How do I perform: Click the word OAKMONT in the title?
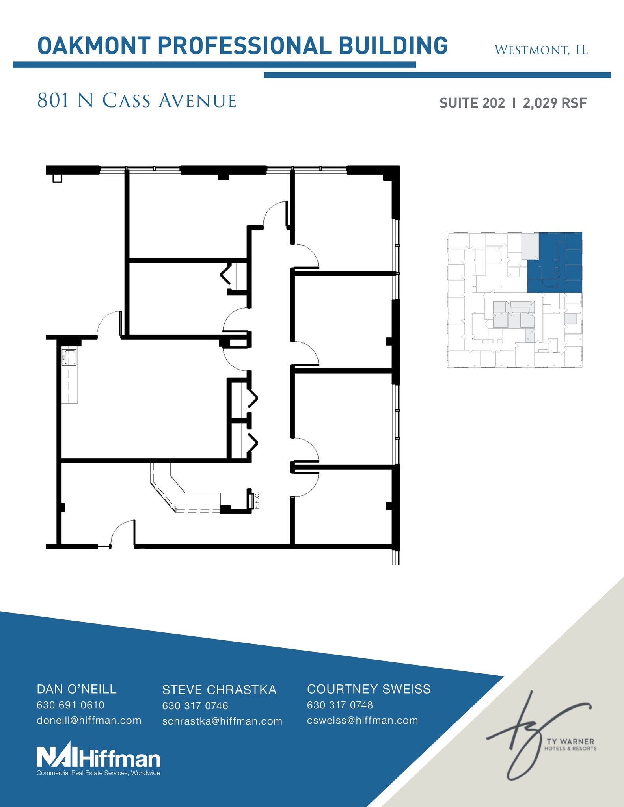click(x=93, y=46)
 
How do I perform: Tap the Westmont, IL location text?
click(x=541, y=50)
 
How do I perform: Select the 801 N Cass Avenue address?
click(x=136, y=101)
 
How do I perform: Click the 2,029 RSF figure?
click(x=555, y=103)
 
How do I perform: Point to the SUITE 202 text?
click(x=472, y=103)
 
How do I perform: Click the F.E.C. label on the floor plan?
click(x=257, y=500)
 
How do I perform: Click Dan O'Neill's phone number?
click(x=71, y=705)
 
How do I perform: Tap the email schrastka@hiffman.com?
click(x=222, y=721)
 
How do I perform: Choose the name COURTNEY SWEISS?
click(x=369, y=689)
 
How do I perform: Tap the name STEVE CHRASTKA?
click(x=219, y=690)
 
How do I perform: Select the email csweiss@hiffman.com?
click(x=362, y=720)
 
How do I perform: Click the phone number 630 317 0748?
click(x=340, y=705)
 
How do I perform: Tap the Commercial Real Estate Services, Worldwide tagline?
click(x=98, y=773)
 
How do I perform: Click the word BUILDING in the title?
click(x=393, y=46)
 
